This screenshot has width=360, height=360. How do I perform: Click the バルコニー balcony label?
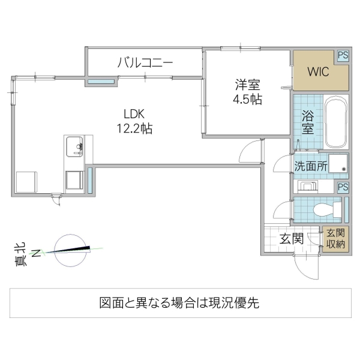145,62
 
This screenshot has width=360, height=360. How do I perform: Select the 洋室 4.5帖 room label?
247,92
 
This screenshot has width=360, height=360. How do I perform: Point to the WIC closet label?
317,72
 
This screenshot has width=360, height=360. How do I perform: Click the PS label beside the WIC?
343,55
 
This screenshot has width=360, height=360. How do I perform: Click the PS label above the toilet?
342,187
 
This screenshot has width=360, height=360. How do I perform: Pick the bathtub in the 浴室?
335,122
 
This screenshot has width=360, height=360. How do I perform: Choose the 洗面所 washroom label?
311,166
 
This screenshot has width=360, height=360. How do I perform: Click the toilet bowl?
323,209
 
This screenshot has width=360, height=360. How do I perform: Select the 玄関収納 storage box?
335,238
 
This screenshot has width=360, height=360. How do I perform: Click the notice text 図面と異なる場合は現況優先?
179,302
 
